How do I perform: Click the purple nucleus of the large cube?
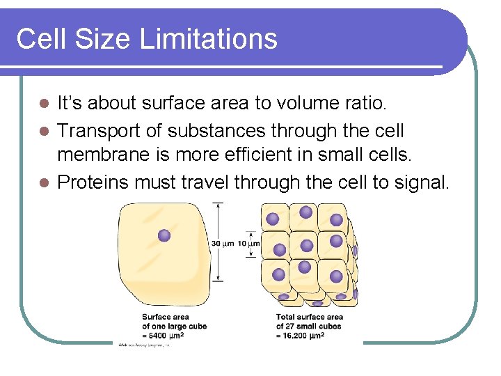pos(164,235)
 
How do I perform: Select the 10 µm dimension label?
pos(249,243)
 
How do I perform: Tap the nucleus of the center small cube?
pos(305,245)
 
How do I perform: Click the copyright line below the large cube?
pos(143,345)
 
